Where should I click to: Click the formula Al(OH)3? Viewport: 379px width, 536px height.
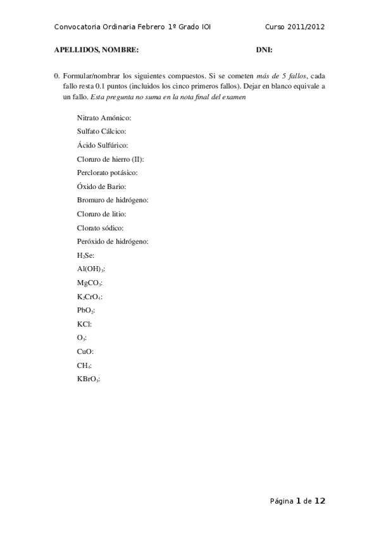point(90,269)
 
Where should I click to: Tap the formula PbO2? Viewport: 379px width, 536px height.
point(86,310)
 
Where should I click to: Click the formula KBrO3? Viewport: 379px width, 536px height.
point(89,379)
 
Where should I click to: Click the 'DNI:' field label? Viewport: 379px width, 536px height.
point(264,49)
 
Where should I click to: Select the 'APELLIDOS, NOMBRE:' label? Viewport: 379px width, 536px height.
point(96,49)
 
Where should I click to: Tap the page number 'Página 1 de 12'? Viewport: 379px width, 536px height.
point(297,501)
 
